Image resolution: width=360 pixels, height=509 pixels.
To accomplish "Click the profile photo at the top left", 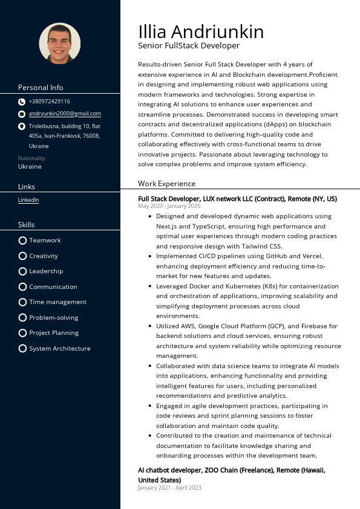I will coord(60,44).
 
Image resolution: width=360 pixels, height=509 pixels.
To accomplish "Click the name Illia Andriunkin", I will coord(201,31).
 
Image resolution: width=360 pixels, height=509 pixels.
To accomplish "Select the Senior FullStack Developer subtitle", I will coord(189,46).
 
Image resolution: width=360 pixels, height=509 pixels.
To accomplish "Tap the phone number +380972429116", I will coord(50,102).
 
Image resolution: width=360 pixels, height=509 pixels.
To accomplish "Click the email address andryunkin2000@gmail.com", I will coord(65,114).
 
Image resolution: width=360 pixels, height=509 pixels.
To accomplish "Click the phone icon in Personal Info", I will coord(22,102).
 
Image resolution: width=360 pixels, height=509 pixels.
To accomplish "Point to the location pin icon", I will coord(22,126).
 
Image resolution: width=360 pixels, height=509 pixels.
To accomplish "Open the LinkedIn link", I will coord(28,200).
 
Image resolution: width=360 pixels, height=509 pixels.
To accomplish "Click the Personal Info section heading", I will coord(41,88).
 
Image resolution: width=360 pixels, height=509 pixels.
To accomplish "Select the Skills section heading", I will coord(27,225).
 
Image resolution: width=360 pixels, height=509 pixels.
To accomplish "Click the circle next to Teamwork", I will coord(22,240).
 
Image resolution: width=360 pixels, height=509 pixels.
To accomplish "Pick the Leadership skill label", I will coord(46,271).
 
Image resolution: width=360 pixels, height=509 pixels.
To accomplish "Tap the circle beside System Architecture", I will coord(22,348).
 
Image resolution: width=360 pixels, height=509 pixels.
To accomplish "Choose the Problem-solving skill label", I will coord(53,317).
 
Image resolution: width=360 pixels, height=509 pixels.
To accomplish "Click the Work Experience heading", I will coord(166,184).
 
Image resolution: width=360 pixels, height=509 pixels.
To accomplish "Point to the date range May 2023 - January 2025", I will coord(169,206).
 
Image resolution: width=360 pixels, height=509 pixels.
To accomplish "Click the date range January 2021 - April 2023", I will coord(169,488).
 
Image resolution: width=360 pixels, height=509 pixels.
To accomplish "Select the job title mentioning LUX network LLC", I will coord(237,198).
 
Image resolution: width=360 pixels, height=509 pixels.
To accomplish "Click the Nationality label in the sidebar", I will coord(31,158).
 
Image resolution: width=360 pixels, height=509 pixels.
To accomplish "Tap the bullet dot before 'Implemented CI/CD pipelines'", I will coord(149,256).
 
